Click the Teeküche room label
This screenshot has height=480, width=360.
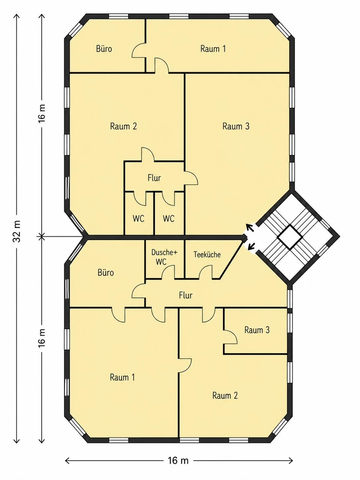207,254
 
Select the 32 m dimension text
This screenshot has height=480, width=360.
17,231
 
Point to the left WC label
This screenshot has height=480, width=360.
138,218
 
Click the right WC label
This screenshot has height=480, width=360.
168,218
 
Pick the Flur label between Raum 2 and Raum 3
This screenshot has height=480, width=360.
154,178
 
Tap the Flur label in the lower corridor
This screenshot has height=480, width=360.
186,295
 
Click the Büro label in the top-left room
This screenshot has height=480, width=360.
104,48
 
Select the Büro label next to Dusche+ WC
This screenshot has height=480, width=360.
106,273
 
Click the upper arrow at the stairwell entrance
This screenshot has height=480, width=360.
250,228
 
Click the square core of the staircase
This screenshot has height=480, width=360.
290,237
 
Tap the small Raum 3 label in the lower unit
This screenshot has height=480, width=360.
257,330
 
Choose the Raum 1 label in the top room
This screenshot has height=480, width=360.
213,48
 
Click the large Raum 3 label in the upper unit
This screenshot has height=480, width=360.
236,126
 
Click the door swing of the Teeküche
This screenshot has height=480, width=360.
206,272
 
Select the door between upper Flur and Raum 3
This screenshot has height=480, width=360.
191,178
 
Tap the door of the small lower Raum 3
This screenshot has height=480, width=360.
230,337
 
